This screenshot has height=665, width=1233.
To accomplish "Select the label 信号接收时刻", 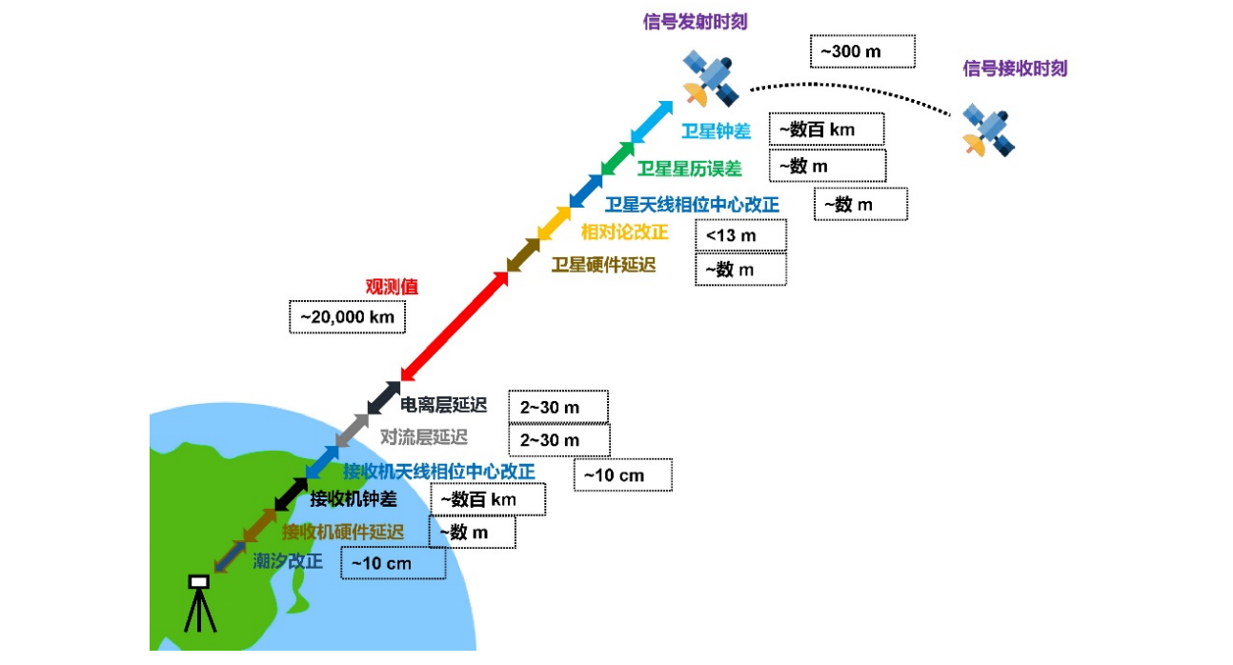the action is pyautogui.click(x=1015, y=69).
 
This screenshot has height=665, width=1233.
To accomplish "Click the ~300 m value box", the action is pyautogui.click(x=861, y=51).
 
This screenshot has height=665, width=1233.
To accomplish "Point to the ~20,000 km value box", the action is pyautogui.click(x=347, y=316).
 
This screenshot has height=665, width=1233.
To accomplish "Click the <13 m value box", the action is pyautogui.click(x=741, y=234).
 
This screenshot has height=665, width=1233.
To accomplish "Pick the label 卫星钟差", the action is pyautogui.click(x=716, y=131).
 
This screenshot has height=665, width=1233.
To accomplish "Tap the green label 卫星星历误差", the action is pyautogui.click(x=689, y=169).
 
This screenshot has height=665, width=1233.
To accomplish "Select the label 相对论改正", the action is pyautogui.click(x=624, y=232).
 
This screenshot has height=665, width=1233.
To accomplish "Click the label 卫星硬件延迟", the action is pyautogui.click(x=603, y=265).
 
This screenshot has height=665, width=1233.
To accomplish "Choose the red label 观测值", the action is pyautogui.click(x=392, y=286).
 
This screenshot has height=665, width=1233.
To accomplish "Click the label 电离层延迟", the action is pyautogui.click(x=443, y=406).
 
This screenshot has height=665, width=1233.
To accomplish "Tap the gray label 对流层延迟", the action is pyautogui.click(x=424, y=437).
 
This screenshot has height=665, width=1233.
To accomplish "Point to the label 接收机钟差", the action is pyautogui.click(x=353, y=497).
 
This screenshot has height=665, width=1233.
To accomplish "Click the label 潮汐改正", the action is pyautogui.click(x=288, y=561).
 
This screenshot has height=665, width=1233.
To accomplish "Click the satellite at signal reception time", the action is pyautogui.click(x=987, y=130).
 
